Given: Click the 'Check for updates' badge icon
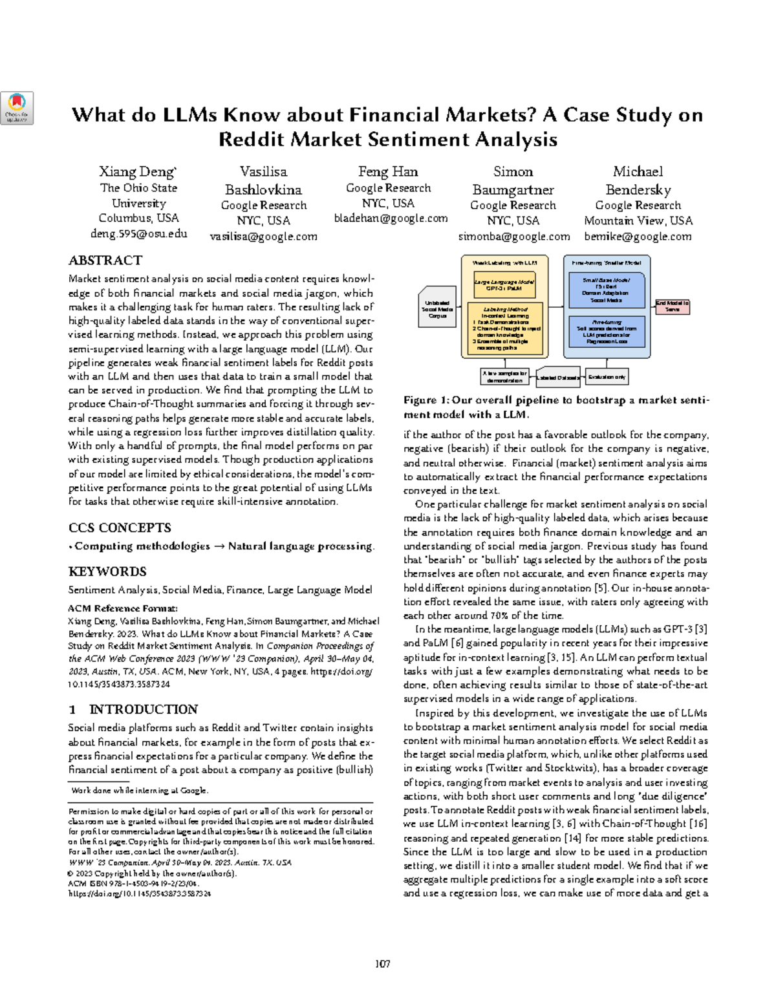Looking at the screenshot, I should (x=17, y=107).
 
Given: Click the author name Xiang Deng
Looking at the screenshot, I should (x=137, y=172).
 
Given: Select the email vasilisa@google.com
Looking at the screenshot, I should (x=263, y=237).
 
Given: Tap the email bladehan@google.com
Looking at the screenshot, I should (x=391, y=219).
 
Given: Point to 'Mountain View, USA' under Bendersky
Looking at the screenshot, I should (x=638, y=220).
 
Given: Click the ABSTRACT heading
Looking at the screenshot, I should (x=105, y=261).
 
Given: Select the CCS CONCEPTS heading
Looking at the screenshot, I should (x=120, y=528).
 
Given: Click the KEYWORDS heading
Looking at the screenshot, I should (x=107, y=571).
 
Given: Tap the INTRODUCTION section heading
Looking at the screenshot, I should (x=143, y=709).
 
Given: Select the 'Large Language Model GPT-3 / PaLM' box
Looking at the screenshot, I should (x=504, y=285).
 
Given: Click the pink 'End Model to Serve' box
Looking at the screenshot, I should (x=673, y=306).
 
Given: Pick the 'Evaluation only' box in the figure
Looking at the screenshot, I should (x=607, y=377).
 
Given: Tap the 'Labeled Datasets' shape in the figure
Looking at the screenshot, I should (x=558, y=378).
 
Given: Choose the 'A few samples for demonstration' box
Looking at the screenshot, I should (x=504, y=377).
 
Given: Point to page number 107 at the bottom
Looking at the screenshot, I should (x=382, y=964).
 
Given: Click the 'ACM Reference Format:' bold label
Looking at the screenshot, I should (x=122, y=608).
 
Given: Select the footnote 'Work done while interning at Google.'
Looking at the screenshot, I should (x=139, y=790).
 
